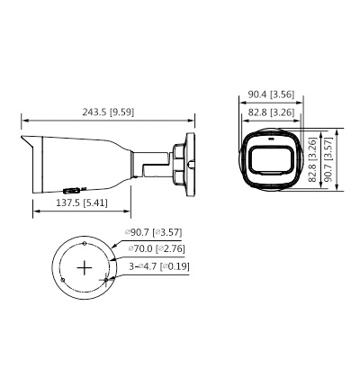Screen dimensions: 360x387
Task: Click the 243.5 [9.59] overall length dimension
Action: (108, 112)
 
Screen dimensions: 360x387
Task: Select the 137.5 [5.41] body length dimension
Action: (82, 203)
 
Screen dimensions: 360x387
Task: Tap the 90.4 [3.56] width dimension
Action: (271, 94)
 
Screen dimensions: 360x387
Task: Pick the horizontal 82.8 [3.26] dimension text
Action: (271, 112)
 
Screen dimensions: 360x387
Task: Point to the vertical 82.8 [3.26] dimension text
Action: (313, 159)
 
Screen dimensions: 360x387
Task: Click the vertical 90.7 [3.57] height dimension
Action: (328, 159)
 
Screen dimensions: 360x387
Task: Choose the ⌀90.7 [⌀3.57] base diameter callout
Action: (154, 232)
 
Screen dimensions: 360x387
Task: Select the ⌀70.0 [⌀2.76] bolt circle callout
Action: (157, 248)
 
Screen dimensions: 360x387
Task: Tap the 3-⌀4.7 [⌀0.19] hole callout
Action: (159, 266)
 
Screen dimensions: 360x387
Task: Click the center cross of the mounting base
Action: (85, 267)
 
